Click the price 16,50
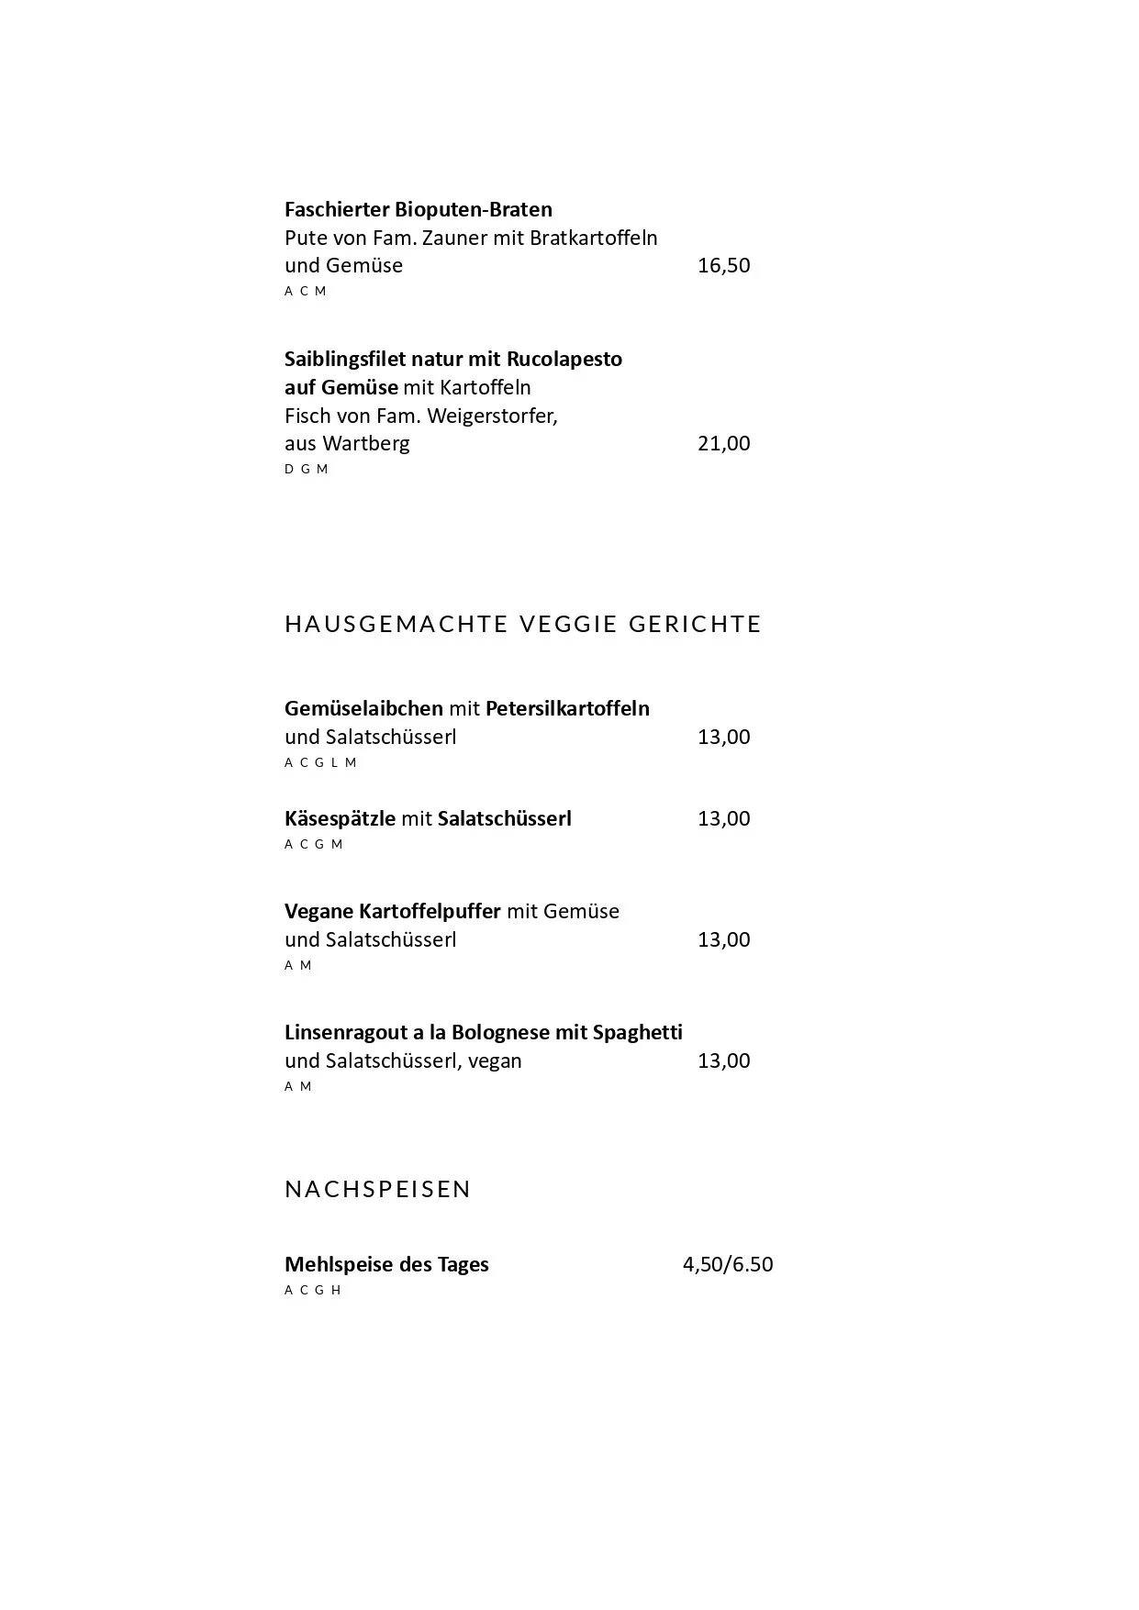click(x=723, y=266)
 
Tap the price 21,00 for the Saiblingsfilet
click(x=723, y=444)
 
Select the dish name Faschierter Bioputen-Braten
click(x=418, y=210)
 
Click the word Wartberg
click(x=366, y=444)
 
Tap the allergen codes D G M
click(x=306, y=469)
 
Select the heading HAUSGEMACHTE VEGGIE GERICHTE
click(x=523, y=624)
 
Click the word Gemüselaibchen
click(x=363, y=709)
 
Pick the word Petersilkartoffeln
click(x=567, y=709)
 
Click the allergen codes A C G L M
click(x=320, y=762)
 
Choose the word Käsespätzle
click(x=340, y=819)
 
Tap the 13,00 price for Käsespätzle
click(x=723, y=819)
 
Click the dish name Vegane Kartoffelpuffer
click(x=392, y=912)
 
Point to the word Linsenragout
click(x=346, y=1033)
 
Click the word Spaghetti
click(x=637, y=1033)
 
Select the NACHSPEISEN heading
click(x=377, y=1189)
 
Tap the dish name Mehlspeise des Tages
click(x=386, y=1264)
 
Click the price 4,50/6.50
click(x=727, y=1264)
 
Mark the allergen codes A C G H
click(x=312, y=1290)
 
